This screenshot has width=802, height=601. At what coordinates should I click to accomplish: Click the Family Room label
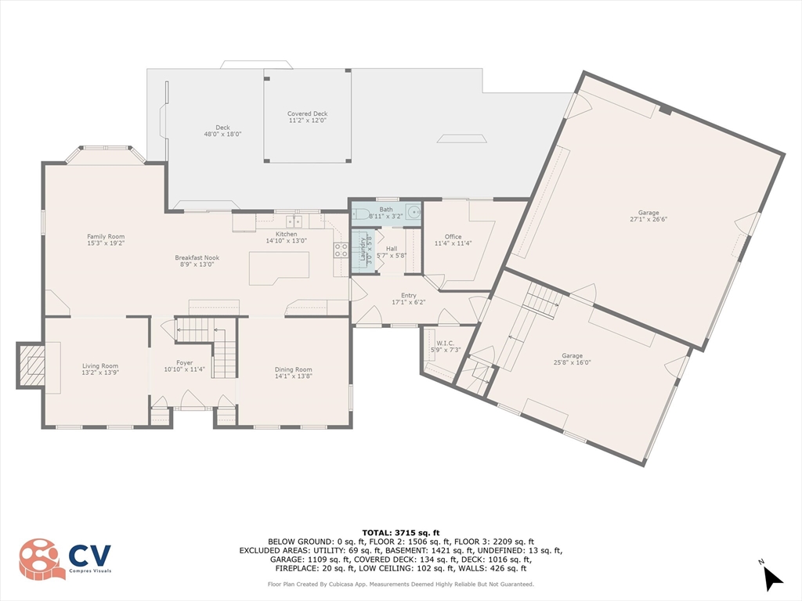[x=106, y=239]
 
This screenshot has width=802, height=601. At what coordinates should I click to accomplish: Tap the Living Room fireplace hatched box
[x=31, y=365]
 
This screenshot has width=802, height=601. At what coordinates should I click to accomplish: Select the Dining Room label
[x=293, y=372]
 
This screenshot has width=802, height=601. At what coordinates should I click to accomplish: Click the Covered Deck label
[x=307, y=117]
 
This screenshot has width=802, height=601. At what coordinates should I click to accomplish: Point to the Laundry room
[x=363, y=250]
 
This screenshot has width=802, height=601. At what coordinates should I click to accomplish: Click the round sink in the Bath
[x=414, y=211]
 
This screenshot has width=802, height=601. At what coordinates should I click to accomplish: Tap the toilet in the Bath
[x=360, y=214]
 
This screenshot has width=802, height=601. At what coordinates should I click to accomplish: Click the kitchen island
[x=280, y=268]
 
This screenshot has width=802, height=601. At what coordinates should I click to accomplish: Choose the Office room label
[x=453, y=239]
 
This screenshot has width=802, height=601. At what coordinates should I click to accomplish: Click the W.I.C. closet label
[x=446, y=347]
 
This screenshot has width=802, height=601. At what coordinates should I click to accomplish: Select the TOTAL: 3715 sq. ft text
[x=401, y=532]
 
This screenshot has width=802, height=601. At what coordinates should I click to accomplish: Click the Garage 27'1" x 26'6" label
[x=648, y=216]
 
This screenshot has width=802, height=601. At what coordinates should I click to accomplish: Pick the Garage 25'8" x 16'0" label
[x=572, y=358]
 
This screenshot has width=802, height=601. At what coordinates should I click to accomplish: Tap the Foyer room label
[x=185, y=366]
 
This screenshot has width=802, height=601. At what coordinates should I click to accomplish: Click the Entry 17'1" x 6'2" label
[x=409, y=298]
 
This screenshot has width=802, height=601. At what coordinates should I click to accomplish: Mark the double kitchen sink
[x=294, y=221]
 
